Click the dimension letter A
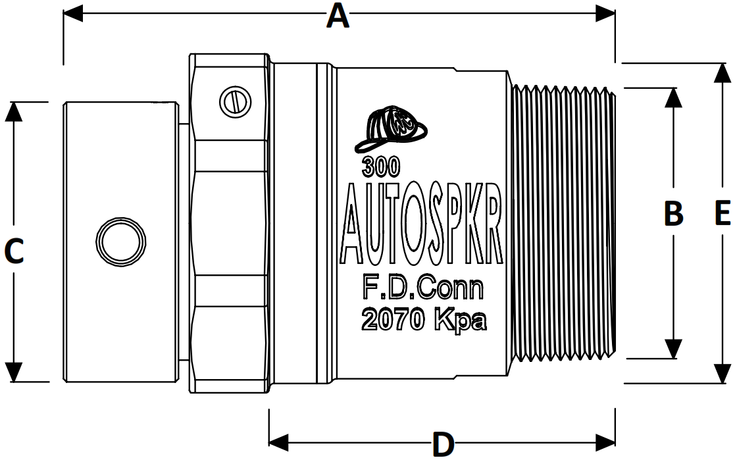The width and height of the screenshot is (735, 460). (x=338, y=15)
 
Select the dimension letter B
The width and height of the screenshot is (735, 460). (x=672, y=214)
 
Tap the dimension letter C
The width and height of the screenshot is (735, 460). (x=14, y=251)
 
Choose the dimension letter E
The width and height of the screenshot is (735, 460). (x=722, y=214)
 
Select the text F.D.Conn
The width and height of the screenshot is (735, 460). (x=424, y=288)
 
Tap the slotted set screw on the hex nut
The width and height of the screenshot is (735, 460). (x=235, y=102)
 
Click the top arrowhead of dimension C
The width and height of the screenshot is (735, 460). (x=14, y=112)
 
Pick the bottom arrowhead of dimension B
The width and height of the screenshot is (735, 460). (x=672, y=349)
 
